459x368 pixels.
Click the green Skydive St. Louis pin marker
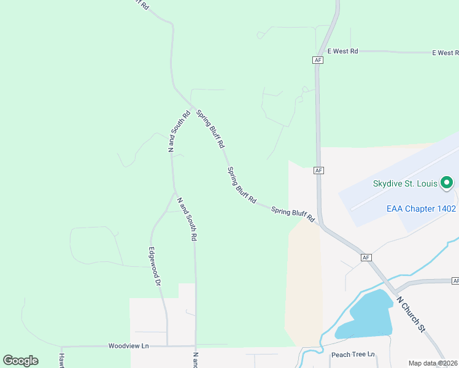click(x=447, y=182)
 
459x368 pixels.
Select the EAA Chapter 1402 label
click(x=421, y=209)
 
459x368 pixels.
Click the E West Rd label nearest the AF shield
click(x=342, y=52)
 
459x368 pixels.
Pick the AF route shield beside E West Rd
click(x=317, y=59)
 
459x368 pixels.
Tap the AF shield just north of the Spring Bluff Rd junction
click(x=318, y=170)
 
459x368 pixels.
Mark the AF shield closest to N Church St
click(x=366, y=258)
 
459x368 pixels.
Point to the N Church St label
click(x=411, y=314)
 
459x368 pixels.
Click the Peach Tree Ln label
click(x=353, y=355)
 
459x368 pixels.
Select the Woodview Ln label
click(x=128, y=346)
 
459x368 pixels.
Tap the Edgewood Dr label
click(x=154, y=267)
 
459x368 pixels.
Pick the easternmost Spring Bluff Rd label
click(x=293, y=213)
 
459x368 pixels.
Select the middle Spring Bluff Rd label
click(x=241, y=185)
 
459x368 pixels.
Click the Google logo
click(x=20, y=360)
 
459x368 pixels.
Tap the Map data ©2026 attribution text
click(x=433, y=363)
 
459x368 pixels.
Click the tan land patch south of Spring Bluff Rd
click(x=303, y=282)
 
